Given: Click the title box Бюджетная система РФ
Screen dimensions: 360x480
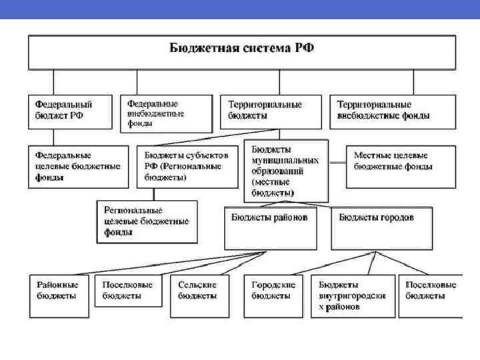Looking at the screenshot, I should (x=241, y=52).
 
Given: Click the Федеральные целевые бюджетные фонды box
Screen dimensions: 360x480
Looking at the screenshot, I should (x=78, y=167).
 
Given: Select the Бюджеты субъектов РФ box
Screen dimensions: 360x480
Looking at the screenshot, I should (x=187, y=167).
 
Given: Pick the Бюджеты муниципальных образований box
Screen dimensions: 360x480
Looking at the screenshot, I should (x=286, y=170).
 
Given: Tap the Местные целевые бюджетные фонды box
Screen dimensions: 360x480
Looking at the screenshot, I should (x=400, y=167).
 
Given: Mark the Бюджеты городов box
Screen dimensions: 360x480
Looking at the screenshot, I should (x=381, y=227).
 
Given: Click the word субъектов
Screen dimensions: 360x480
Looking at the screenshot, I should (x=203, y=154).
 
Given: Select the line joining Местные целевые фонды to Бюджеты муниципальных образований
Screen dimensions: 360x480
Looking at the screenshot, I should (x=337, y=161).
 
